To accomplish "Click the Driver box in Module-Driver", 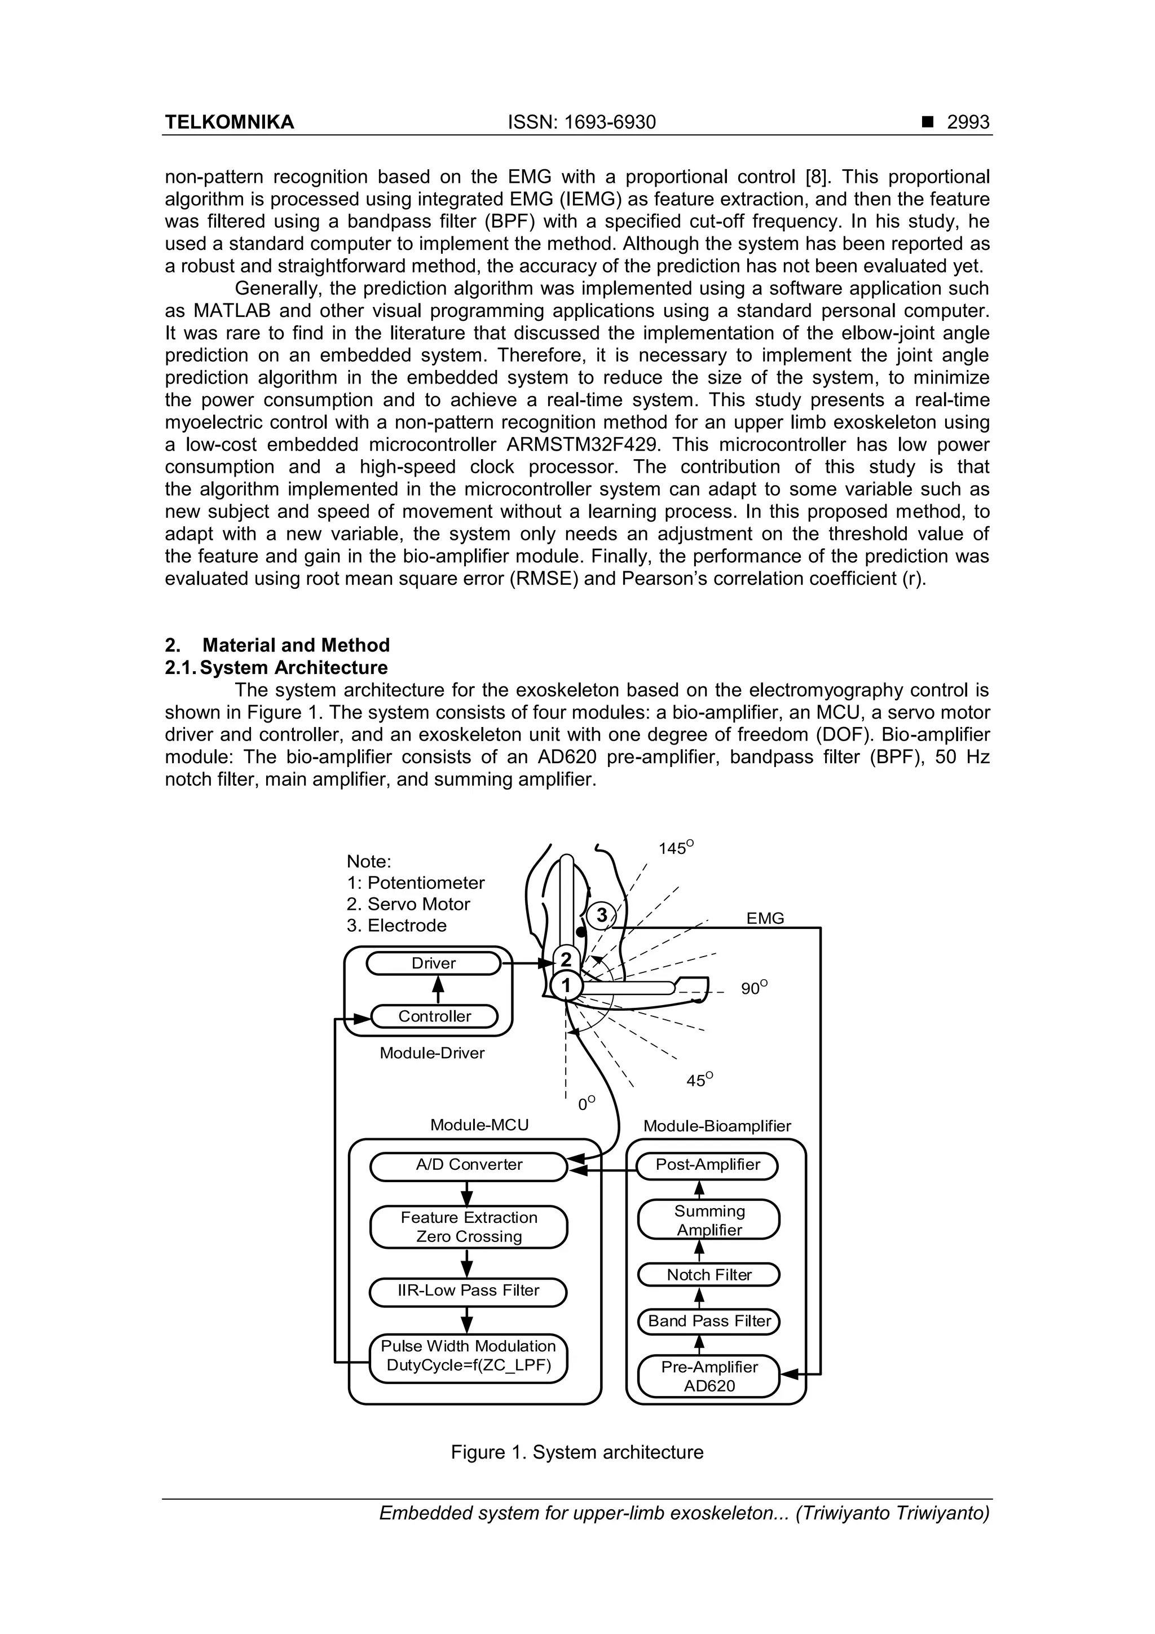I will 433,963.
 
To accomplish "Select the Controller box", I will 434,1016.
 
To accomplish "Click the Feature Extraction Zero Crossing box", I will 469,1226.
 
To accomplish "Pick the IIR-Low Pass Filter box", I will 468,1291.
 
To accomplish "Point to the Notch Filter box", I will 709,1275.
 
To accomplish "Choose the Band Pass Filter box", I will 709,1322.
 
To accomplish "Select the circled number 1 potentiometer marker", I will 566,986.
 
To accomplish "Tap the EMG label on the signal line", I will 765,919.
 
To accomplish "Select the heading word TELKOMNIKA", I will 229,122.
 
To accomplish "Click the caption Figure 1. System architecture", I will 577,1452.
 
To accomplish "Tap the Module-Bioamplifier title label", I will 717,1126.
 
